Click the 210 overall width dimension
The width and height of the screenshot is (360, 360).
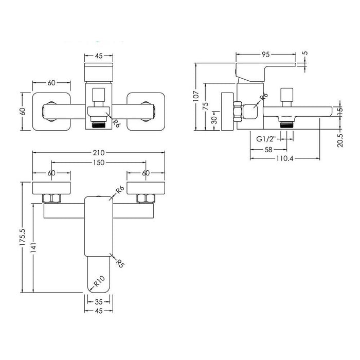tap(99, 153)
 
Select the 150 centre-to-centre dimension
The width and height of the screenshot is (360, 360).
tap(99, 163)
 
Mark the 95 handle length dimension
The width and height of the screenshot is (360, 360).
tap(265, 52)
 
